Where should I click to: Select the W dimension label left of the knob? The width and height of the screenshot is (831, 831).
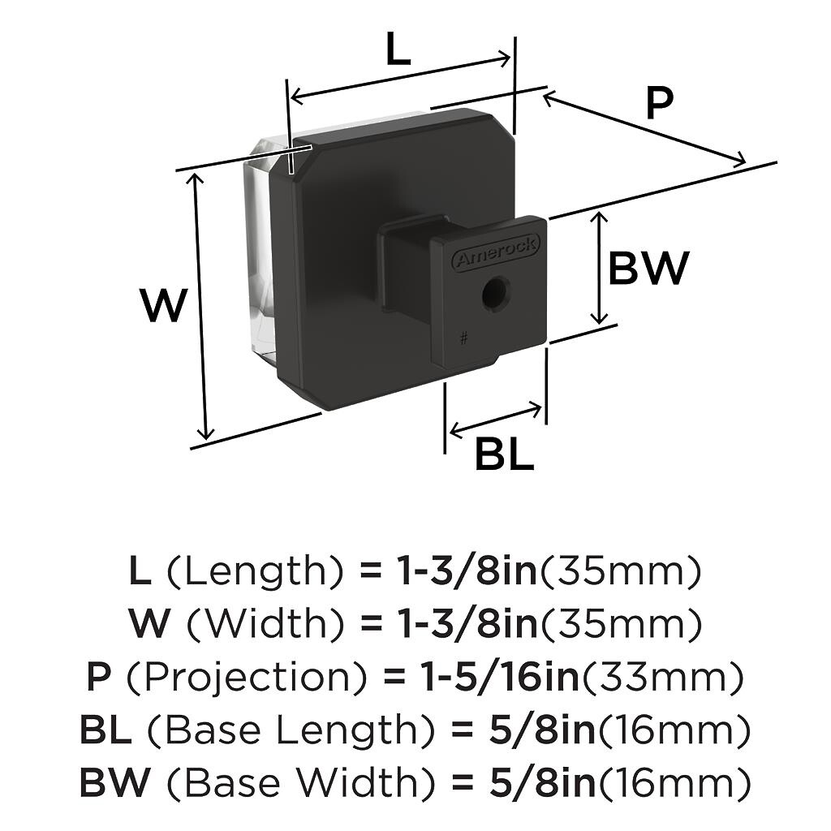[x=164, y=305]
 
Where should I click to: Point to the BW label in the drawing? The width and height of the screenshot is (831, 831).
[x=648, y=268]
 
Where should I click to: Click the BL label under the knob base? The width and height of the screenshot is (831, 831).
[x=504, y=454]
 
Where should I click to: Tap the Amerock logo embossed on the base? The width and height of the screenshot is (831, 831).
[x=496, y=252]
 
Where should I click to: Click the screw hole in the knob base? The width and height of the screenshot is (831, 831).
[x=496, y=291]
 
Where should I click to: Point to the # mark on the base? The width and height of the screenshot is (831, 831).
[x=464, y=338]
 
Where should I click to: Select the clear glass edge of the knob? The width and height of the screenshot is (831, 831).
[x=260, y=249]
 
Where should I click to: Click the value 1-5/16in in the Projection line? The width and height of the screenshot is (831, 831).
[x=499, y=677]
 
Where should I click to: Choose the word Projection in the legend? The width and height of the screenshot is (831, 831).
[x=247, y=678]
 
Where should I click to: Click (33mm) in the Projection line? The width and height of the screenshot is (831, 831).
[x=662, y=678]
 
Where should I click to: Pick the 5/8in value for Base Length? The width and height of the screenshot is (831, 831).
[x=541, y=730]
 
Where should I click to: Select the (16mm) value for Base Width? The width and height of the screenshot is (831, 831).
[x=674, y=782]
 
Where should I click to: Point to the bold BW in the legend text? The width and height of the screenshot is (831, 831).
[x=115, y=782]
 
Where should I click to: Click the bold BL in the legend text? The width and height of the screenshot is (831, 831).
[x=105, y=730]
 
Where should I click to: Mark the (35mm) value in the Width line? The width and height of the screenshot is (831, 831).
[x=620, y=624]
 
